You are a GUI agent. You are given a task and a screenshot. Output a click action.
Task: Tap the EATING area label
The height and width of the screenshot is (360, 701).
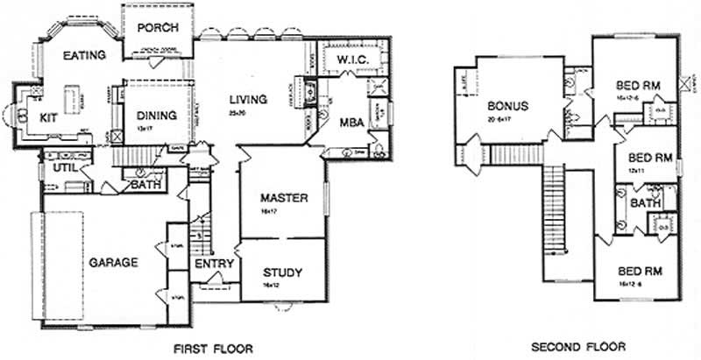click(x=84, y=55)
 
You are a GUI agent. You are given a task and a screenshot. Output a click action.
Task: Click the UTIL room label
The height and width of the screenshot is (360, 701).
click(x=62, y=166)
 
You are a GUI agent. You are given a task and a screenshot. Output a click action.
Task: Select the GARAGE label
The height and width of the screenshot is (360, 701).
click(x=112, y=261)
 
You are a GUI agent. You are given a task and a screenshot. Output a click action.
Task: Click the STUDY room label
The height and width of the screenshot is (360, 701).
click(x=281, y=273)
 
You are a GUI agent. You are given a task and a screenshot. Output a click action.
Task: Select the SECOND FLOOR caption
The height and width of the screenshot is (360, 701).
click(x=572, y=346)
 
